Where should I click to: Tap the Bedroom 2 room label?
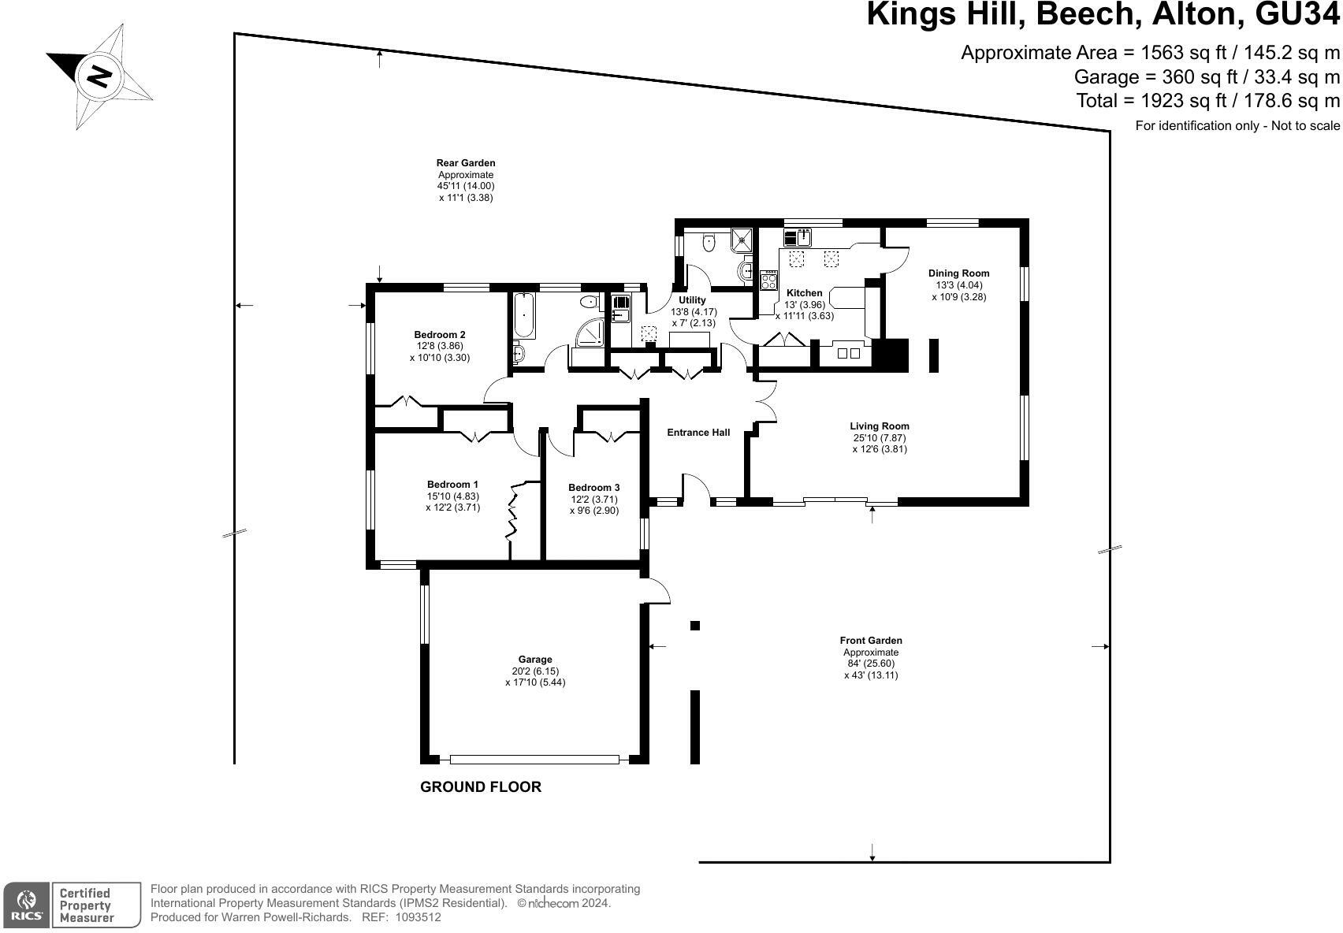tap(439, 335)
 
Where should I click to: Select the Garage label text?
tap(534, 660)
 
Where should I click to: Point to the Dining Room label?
tap(958, 273)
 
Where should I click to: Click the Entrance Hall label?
tap(698, 433)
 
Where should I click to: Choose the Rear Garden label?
tap(466, 163)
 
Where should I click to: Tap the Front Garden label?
tap(871, 641)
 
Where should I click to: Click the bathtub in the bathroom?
tap(524, 315)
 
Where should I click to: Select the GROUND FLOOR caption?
tap(481, 787)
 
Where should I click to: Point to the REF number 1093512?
tap(419, 917)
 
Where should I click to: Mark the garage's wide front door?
tap(534, 760)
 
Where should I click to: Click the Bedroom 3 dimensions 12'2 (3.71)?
tap(593, 500)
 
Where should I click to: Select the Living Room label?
tap(880, 426)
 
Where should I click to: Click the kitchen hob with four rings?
tap(769, 279)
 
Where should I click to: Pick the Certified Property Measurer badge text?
tap(87, 905)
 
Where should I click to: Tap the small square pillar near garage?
tap(695, 626)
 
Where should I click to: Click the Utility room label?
tap(693, 300)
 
